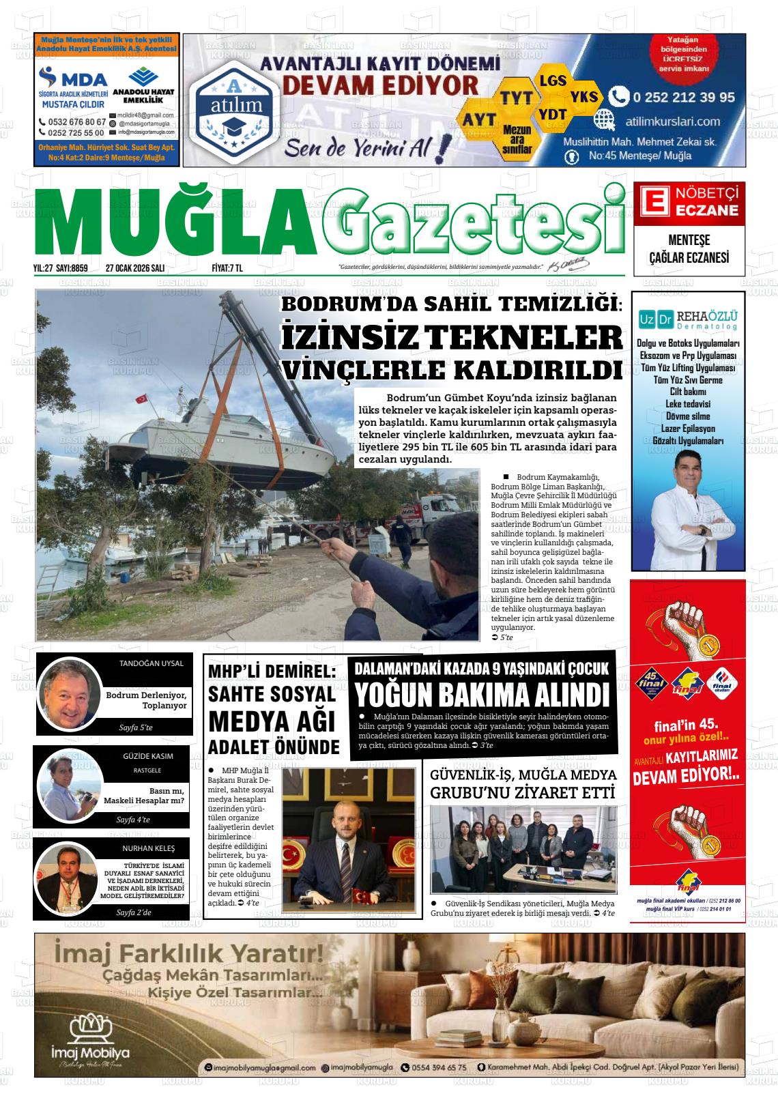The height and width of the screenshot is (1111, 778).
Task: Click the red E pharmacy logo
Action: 653,203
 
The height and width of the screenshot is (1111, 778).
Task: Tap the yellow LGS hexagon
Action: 552,81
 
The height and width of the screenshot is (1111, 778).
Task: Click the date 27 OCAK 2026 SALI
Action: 136,268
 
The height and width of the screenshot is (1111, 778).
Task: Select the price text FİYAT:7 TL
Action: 227,268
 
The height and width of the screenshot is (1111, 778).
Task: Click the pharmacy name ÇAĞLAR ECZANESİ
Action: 689,257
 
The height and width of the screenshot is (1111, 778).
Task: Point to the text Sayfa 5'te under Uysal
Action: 135,727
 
